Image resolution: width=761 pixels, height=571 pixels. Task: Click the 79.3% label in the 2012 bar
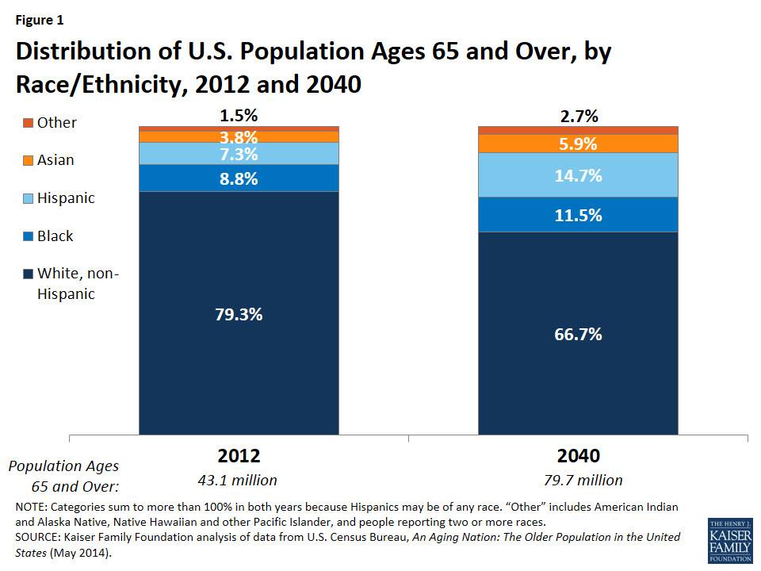click(x=239, y=314)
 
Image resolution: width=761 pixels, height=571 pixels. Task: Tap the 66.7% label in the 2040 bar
click(x=578, y=334)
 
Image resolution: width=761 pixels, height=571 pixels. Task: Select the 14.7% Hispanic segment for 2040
click(x=578, y=175)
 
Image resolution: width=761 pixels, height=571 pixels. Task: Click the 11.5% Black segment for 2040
click(x=578, y=215)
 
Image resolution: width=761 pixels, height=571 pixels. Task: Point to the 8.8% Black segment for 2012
click(x=239, y=178)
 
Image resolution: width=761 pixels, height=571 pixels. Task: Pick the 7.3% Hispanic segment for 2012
click(x=239, y=154)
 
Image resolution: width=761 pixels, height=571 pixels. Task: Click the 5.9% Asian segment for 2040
click(x=578, y=144)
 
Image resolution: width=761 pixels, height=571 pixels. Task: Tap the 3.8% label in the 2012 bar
click(x=239, y=136)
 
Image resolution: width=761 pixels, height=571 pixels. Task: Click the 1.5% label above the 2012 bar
click(x=239, y=116)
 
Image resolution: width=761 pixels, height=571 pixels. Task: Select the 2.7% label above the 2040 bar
click(x=578, y=117)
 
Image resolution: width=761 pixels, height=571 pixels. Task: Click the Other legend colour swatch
click(x=29, y=123)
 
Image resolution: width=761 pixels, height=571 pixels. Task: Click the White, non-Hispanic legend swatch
click(x=29, y=274)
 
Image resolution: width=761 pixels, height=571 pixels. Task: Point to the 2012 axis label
click(x=239, y=456)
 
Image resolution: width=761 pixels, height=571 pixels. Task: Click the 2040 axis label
click(x=578, y=456)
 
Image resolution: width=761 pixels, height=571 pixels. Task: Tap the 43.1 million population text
click(x=239, y=480)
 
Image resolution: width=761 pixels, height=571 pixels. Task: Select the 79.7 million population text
click(x=578, y=480)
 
